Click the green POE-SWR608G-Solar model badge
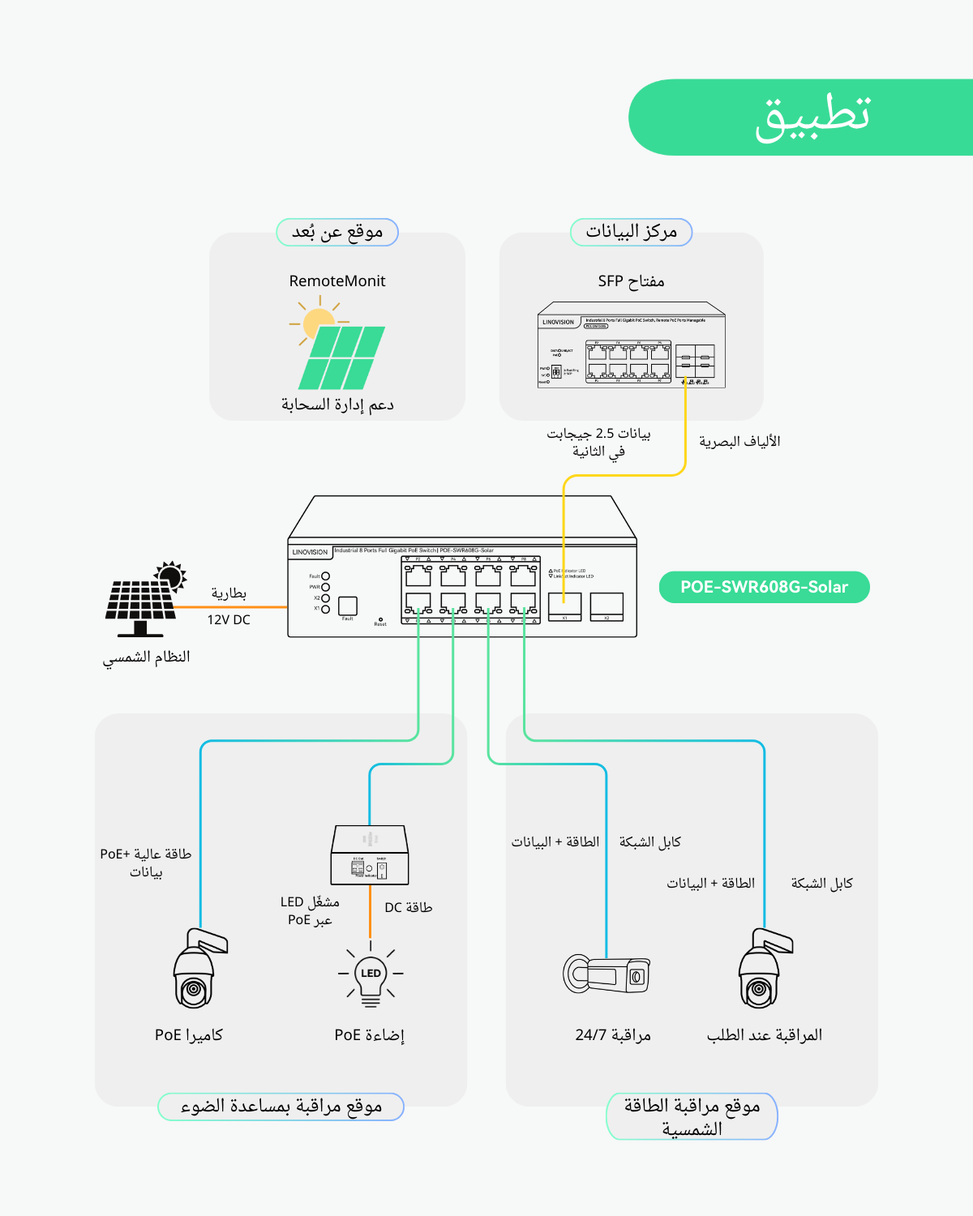(764, 587)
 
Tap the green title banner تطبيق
(811, 117)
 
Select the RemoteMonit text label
(337, 281)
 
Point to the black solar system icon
(144, 598)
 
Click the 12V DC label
(229, 619)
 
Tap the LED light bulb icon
(371, 974)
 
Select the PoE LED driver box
(370, 855)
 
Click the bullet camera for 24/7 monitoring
(607, 974)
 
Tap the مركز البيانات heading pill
(632, 232)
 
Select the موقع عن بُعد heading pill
(337, 232)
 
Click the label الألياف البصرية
(739, 442)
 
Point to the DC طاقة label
(408, 907)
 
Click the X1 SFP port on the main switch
(564, 606)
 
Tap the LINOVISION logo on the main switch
(310, 552)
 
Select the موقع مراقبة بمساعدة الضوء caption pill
(281, 1107)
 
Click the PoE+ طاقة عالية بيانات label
(146, 863)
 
